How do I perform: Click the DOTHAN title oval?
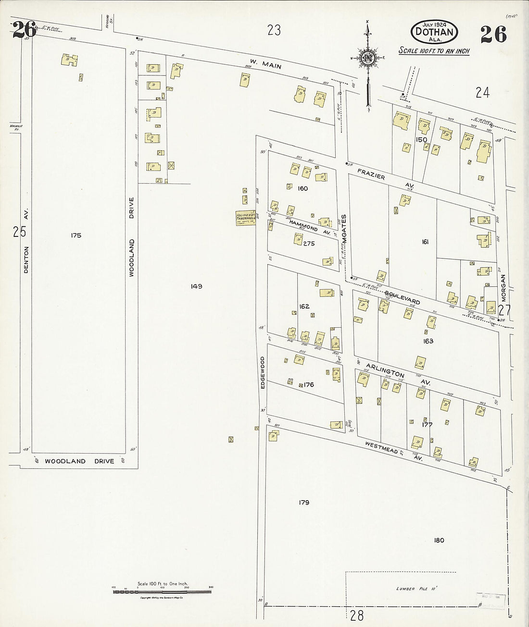click(434, 32)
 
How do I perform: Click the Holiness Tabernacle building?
click(245, 218)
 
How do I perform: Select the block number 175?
click(76, 235)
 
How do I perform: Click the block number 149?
click(196, 286)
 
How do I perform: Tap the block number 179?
click(303, 503)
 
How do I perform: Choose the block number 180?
click(439, 540)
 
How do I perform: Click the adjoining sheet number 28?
click(357, 615)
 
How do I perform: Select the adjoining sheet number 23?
click(274, 31)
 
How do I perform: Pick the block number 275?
click(309, 244)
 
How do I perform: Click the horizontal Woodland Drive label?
click(79, 461)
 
